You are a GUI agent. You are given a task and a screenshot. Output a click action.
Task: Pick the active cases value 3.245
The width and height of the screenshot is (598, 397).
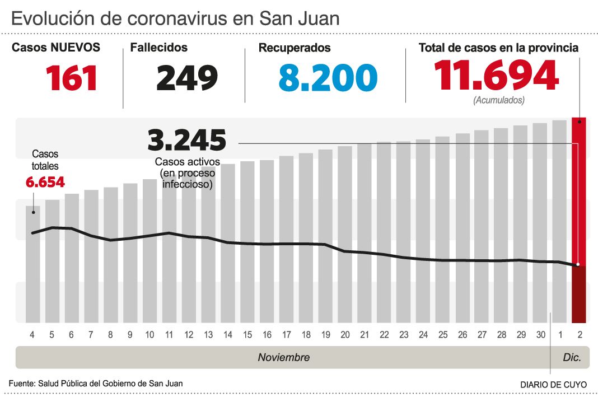click(x=187, y=140)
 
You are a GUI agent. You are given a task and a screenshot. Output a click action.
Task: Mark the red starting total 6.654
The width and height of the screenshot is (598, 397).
click(x=45, y=182)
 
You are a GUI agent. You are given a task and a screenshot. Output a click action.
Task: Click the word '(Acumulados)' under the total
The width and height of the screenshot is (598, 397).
click(x=499, y=101)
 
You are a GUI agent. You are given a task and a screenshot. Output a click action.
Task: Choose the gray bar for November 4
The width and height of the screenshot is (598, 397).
click(x=33, y=269)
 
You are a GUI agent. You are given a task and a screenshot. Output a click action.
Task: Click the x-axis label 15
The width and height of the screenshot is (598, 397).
click(x=247, y=335)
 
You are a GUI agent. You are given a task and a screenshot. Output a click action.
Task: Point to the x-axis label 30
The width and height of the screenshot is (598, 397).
click(x=540, y=335)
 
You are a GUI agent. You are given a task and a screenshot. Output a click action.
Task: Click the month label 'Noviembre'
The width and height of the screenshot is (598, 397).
click(x=283, y=357)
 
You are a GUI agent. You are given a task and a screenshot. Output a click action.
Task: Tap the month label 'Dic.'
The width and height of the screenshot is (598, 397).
click(x=572, y=357)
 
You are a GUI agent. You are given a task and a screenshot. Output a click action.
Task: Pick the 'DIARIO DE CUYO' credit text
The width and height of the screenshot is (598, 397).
click(x=553, y=385)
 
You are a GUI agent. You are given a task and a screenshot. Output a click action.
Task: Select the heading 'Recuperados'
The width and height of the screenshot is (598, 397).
click(x=295, y=48)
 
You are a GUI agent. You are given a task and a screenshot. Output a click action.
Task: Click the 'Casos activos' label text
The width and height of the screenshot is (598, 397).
click(x=188, y=162)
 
